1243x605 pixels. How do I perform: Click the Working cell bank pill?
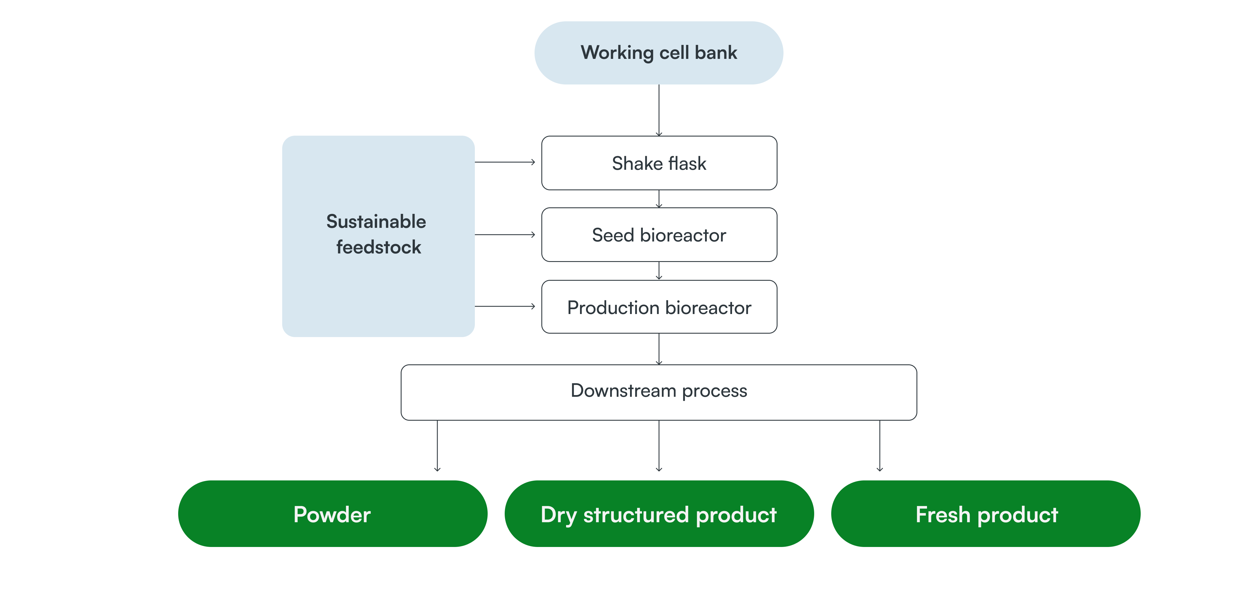click(659, 53)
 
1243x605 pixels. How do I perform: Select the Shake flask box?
click(659, 163)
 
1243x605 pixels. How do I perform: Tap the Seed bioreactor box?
click(659, 235)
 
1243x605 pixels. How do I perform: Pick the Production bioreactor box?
click(659, 307)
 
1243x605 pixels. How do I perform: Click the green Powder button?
click(332, 514)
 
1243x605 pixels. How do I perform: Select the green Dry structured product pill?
click(659, 514)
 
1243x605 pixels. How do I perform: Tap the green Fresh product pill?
click(986, 514)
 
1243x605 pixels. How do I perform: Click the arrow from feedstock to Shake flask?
click(505, 162)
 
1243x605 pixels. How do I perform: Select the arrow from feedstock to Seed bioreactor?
click(505, 235)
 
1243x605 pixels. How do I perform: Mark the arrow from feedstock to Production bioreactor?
click(505, 306)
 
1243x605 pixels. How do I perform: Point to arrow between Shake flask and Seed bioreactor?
click(659, 199)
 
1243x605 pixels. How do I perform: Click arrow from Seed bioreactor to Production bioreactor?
click(659, 271)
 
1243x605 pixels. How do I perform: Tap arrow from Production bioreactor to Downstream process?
click(659, 349)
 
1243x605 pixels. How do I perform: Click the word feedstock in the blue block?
click(378, 247)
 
